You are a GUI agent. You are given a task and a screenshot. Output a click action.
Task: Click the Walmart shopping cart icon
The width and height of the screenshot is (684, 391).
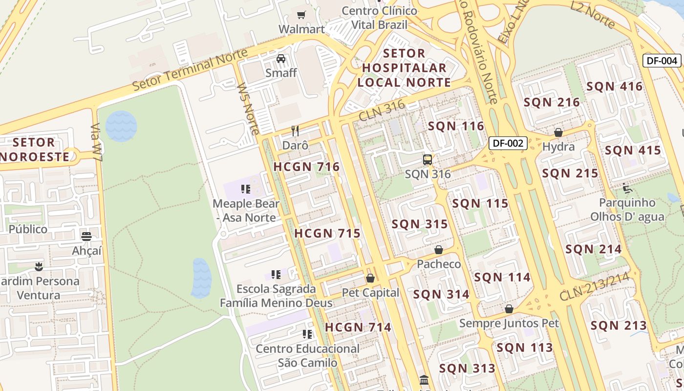coord(301,15)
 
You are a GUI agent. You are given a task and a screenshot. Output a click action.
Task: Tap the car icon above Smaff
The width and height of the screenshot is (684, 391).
coord(281,59)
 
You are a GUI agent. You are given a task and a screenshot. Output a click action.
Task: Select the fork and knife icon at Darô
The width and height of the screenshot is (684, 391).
coord(295,130)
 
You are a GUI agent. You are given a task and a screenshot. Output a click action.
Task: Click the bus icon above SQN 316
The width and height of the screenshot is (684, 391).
coord(427,159)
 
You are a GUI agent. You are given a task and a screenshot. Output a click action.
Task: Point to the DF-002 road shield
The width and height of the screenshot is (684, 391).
coord(508,143)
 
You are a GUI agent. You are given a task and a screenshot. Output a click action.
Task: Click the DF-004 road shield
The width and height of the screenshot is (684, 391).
coord(662,61)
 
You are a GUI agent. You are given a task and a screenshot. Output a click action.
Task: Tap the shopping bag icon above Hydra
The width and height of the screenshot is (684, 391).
coord(558,132)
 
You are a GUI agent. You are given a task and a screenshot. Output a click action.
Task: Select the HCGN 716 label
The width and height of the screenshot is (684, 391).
coord(306,167)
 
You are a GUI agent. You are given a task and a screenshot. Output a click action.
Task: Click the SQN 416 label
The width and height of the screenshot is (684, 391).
coord(614,87)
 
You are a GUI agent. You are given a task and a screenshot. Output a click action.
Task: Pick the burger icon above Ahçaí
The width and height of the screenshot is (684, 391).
coord(86,237)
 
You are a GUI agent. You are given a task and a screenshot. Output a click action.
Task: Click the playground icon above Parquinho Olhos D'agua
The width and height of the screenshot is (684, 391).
coord(627,188)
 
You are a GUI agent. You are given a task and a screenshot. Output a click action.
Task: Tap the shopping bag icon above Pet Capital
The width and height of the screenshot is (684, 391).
coord(370,278)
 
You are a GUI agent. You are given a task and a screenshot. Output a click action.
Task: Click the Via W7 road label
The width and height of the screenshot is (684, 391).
coord(97,142)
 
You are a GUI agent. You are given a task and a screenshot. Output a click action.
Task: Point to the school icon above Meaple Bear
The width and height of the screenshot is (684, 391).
coord(246,189)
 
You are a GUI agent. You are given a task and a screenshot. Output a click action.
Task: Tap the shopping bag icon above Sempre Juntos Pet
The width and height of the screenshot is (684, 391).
coord(509,309)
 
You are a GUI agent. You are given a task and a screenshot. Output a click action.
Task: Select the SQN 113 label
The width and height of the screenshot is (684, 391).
coord(525,348)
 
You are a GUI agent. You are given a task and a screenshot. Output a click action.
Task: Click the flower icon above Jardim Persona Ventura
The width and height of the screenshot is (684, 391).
coord(39,266)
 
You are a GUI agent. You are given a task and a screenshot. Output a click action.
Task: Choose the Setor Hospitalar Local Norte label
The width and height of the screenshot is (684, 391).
coord(404,68)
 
